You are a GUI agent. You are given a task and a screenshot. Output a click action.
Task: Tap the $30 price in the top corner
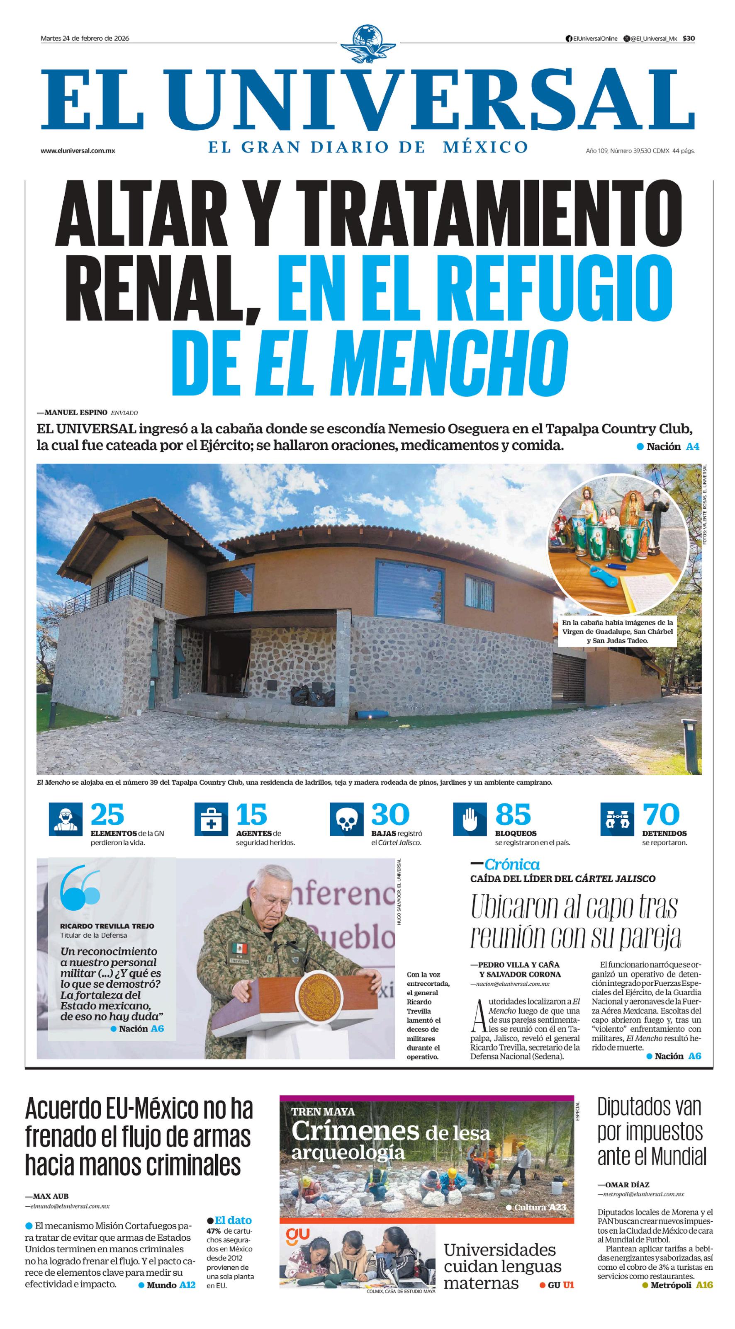(x=689, y=38)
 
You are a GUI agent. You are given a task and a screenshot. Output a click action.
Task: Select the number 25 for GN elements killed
(x=107, y=815)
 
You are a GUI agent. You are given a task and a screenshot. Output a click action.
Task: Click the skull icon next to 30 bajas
(x=346, y=819)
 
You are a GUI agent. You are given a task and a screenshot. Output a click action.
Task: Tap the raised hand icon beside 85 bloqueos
(x=470, y=819)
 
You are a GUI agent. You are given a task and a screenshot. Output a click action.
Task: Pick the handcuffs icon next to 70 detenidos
(x=617, y=819)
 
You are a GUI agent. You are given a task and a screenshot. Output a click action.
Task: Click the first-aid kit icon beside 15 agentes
(x=211, y=819)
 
